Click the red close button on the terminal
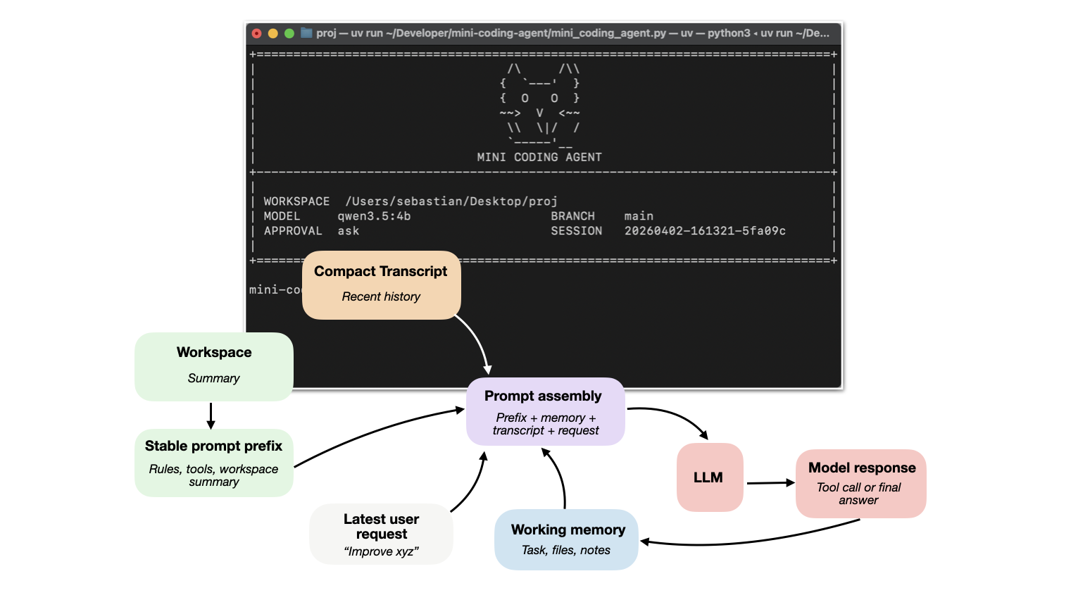[x=257, y=33]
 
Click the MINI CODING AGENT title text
[x=539, y=157]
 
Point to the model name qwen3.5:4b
[x=374, y=216]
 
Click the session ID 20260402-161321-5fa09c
[x=705, y=231]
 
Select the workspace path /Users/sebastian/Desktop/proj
[x=451, y=201]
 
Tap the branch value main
[x=639, y=216]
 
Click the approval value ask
[x=348, y=231]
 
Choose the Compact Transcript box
[x=381, y=284]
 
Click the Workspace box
[x=214, y=366]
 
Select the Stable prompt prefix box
[x=214, y=463]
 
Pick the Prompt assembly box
[x=545, y=411]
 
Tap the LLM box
[x=709, y=477]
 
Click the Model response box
[x=860, y=484]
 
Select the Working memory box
[x=567, y=539]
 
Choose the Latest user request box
[x=381, y=534]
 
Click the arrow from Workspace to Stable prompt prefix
[x=211, y=415]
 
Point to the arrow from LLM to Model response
[x=770, y=483]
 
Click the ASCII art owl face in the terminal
[x=539, y=106]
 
